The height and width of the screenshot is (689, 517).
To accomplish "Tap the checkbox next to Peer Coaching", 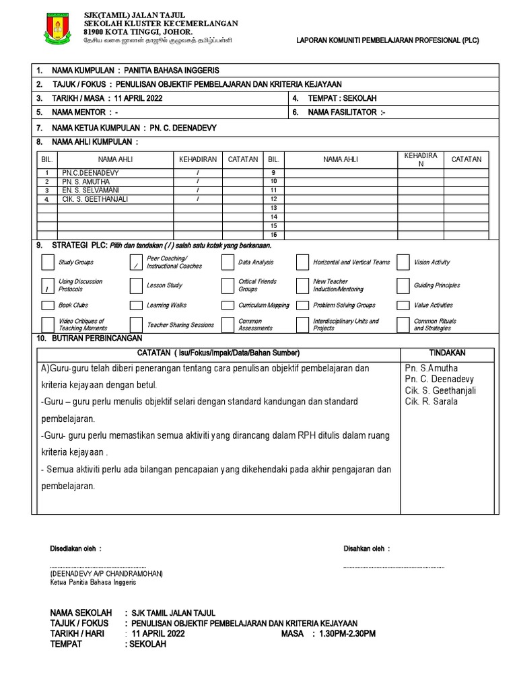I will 136,262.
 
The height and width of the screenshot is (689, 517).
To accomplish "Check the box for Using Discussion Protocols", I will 48,285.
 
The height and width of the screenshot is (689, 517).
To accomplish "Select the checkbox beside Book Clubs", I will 48,305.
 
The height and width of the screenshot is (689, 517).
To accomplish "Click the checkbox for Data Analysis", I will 228,262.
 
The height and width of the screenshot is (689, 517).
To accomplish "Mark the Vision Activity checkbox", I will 403,262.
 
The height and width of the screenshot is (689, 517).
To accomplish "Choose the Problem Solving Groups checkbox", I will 302,305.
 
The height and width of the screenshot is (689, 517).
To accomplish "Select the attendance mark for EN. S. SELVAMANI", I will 198,191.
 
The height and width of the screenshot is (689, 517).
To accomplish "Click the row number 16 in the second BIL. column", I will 274,235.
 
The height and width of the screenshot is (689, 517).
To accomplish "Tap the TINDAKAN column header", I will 447,353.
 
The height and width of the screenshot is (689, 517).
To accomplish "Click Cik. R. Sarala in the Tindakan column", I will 431,402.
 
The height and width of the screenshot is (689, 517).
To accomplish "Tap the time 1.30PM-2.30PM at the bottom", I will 349,634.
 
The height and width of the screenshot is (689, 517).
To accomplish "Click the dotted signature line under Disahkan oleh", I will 394,567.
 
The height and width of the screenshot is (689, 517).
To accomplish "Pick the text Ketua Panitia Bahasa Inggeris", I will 93,583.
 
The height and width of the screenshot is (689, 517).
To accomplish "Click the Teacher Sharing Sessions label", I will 180,325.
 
